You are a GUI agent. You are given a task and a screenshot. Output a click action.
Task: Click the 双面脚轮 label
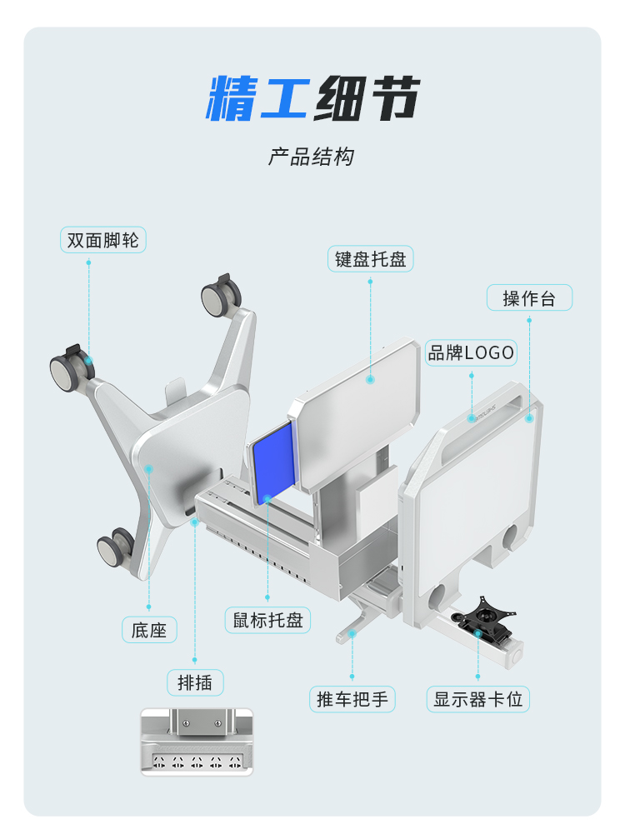[x=103, y=240]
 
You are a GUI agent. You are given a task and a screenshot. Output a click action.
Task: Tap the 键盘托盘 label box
[x=370, y=259]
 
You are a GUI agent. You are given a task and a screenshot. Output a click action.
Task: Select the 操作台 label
[x=529, y=297]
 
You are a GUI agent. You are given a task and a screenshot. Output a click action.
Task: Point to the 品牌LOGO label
[x=471, y=352]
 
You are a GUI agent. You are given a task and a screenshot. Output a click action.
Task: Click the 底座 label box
[x=149, y=630]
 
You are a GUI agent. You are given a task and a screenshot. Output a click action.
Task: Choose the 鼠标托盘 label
[x=268, y=620]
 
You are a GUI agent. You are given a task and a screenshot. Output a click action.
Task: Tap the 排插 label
[x=195, y=682]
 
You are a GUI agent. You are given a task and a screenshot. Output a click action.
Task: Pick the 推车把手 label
[x=352, y=699]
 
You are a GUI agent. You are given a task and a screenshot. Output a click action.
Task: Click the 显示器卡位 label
[x=478, y=699]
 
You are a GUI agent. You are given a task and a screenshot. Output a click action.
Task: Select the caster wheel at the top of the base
[x=221, y=295]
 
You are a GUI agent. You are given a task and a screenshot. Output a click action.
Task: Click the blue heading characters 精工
[x=257, y=98]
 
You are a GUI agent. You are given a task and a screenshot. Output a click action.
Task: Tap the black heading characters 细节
[x=367, y=98]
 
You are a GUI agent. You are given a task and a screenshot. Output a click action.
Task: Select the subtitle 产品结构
[x=312, y=157]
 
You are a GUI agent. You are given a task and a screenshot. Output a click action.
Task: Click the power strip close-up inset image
[x=197, y=742]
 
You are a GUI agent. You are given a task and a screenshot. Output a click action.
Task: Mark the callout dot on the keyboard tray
[x=371, y=380]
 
